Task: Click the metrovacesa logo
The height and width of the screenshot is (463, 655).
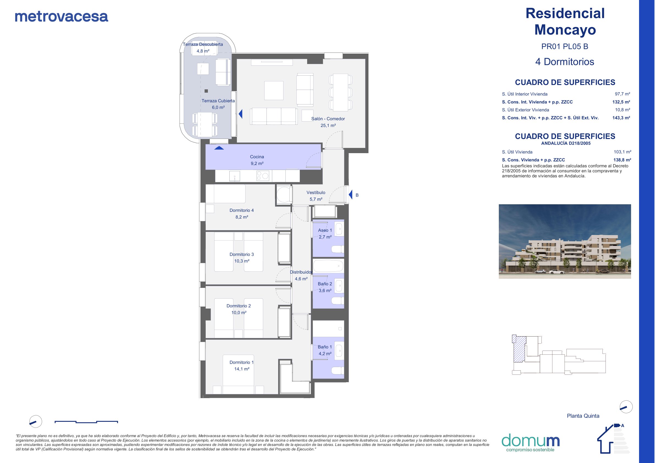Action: (61, 16)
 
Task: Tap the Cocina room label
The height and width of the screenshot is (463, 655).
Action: (257, 157)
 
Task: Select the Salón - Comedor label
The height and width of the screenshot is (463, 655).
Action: (328, 119)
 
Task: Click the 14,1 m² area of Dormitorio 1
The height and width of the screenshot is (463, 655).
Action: (242, 369)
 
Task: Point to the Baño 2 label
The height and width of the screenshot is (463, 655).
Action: (325, 284)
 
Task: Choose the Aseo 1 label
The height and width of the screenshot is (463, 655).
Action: (325, 230)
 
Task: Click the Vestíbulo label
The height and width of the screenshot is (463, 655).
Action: (316, 192)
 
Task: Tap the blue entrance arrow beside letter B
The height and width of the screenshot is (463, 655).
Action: (351, 195)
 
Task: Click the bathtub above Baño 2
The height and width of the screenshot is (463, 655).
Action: (328, 266)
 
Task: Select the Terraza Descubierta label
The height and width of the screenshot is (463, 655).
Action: (203, 44)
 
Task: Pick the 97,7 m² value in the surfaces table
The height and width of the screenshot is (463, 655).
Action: (623, 94)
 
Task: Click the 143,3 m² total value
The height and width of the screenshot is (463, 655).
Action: (621, 118)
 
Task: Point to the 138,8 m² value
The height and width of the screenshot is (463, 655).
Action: (622, 160)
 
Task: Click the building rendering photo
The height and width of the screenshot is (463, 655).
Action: (565, 241)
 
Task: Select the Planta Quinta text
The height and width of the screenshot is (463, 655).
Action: (583, 416)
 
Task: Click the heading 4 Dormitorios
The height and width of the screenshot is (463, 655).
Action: (565, 62)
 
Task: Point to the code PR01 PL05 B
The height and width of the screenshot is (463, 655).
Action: (565, 46)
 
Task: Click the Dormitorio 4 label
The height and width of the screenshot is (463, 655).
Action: (242, 210)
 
